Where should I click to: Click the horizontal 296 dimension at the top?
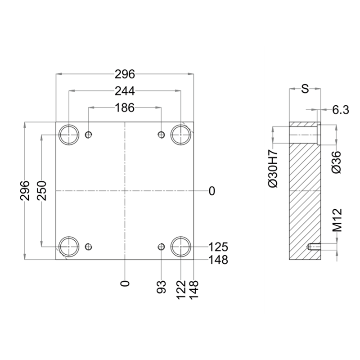pos(125,74)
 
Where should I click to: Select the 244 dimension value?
pos(125,91)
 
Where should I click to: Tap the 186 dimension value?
pos(125,108)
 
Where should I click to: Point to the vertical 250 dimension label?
pos(41,190)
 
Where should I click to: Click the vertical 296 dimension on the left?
pos(25,190)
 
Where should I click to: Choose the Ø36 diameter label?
pos(336,162)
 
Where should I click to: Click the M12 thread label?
pos(337,220)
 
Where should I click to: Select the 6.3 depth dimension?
pos(341,110)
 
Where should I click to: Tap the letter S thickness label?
pos(305,89)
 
